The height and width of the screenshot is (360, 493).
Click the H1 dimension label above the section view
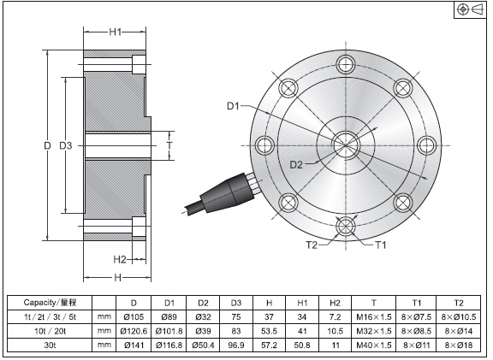[115, 32]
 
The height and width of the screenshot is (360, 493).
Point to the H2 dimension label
[120, 259]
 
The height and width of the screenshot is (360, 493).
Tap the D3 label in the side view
[66, 145]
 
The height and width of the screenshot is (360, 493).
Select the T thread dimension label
[169, 145]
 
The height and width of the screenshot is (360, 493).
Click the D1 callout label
[233, 106]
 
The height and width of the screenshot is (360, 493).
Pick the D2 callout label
[296, 164]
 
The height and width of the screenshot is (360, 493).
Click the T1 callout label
[381, 245]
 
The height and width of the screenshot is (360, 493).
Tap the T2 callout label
[312, 245]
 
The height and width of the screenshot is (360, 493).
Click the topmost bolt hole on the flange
[346, 65]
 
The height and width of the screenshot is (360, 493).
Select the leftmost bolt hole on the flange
[265, 145]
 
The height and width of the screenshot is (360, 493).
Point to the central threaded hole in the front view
[346, 145]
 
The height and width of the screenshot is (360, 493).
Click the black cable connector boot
[227, 193]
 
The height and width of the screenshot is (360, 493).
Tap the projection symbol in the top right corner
[470, 9]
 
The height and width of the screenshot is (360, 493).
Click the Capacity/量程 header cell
[50, 303]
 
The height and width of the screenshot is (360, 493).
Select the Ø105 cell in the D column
[134, 316]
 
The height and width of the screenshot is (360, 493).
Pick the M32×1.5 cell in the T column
[374, 331]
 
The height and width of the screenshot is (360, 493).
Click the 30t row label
[50, 345]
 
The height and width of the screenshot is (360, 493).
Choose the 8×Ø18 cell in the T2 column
[459, 345]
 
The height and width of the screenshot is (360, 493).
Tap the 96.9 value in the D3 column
[236, 345]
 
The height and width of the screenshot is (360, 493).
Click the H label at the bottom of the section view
[117, 278]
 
